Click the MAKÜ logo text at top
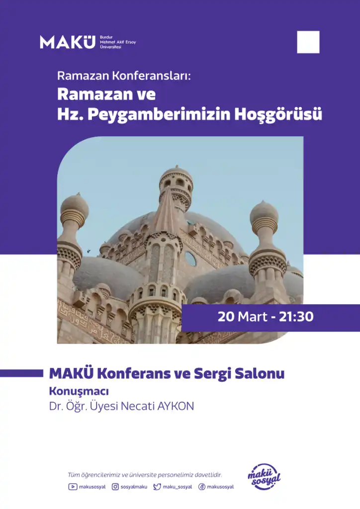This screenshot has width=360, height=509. [68, 42]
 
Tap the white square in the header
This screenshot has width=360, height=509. [308, 42]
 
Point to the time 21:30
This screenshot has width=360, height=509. [296, 317]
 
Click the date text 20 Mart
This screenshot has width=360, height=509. [242, 317]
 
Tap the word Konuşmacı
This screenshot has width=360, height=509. [79, 392]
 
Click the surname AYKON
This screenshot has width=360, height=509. [176, 406]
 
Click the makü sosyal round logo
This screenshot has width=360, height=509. [264, 477]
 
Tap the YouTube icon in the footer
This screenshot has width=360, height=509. [73, 487]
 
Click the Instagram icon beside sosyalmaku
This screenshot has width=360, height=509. [115, 487]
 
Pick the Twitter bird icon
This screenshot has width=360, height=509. [157, 487]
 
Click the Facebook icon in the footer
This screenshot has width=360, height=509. [202, 487]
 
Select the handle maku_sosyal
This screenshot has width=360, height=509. [177, 487]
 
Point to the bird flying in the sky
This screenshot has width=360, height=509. [89, 251]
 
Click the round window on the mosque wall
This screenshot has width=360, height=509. [190, 258]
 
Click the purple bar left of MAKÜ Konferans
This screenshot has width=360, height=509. [21, 373]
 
